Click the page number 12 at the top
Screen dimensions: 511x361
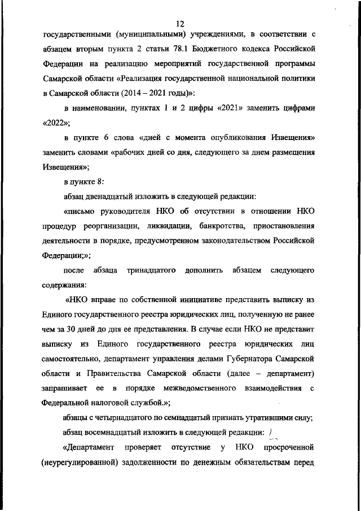(x=180, y=24)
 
